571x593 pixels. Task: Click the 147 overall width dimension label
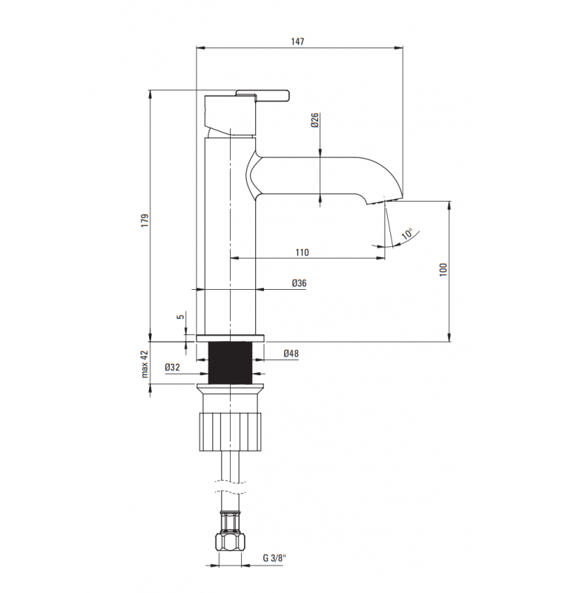[x=297, y=42]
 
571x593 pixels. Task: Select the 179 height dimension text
[x=145, y=220]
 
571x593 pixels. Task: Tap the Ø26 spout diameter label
[x=314, y=120]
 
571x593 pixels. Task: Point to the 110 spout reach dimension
[x=302, y=252]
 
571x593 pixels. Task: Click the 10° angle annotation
[x=406, y=235]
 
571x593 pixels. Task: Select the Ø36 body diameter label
[x=299, y=283]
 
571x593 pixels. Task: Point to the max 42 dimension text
[x=145, y=364]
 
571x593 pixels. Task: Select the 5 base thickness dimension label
[x=180, y=317]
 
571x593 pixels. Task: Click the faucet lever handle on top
[x=262, y=93]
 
